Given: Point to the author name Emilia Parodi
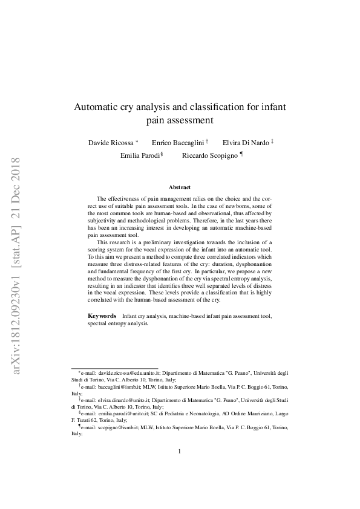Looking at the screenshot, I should click(x=140, y=155).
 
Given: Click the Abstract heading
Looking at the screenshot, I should click(x=180, y=188).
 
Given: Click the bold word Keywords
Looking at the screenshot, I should click(x=102, y=316).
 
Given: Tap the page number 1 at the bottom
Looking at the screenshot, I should click(x=180, y=468).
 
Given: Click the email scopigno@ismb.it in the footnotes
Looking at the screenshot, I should click(x=113, y=427).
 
